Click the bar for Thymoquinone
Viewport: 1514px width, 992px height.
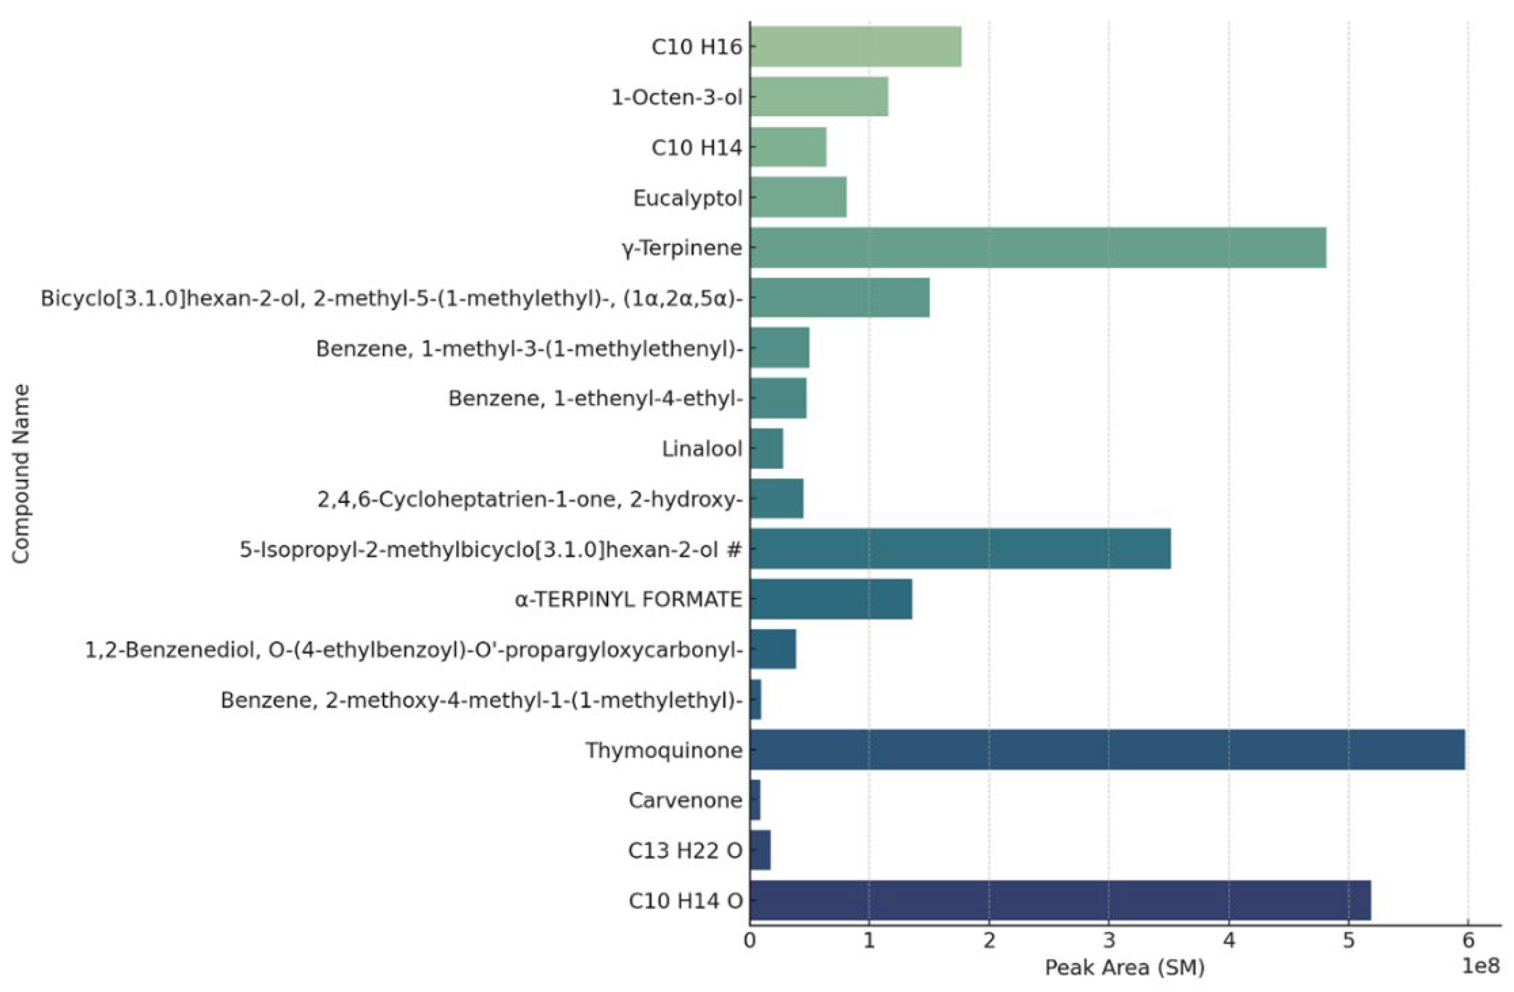[1107, 750]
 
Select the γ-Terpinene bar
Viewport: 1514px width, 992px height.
[1037, 248]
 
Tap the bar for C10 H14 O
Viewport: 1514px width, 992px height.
[1059, 900]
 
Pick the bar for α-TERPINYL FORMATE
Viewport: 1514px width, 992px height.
[830, 599]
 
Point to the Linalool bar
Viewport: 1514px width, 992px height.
[766, 449]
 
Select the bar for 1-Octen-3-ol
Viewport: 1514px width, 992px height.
[819, 97]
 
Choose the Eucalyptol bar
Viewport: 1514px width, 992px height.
[798, 197]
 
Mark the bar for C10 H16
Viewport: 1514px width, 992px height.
[855, 46]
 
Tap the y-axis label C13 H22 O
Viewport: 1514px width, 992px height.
[685, 851]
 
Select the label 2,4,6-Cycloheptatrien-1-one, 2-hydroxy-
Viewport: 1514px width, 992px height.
[530, 499]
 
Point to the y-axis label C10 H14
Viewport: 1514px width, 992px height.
[696, 148]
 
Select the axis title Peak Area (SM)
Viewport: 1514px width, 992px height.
[1125, 968]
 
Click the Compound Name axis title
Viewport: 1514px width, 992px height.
[21, 474]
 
